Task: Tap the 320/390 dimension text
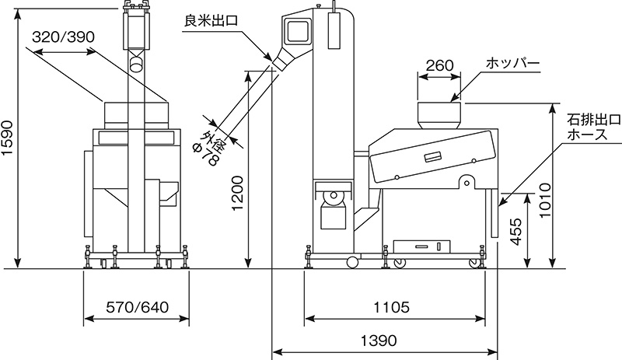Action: [64, 37]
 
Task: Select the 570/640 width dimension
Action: [137, 307]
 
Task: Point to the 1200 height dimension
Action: [238, 194]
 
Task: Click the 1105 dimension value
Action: [392, 307]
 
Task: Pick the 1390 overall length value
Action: [379, 341]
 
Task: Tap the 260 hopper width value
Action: [439, 65]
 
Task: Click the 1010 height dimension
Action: [546, 200]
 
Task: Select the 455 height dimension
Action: [515, 232]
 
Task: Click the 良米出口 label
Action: [211, 21]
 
